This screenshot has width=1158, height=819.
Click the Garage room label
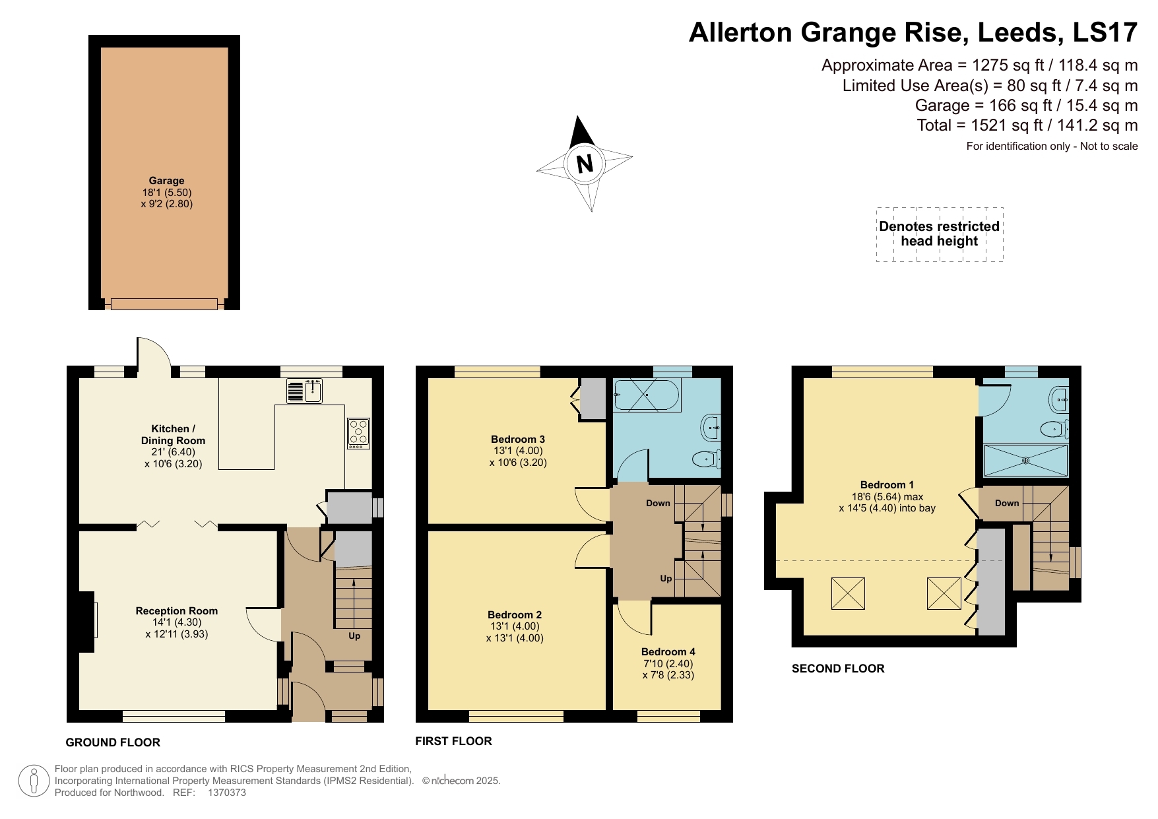click(x=166, y=180)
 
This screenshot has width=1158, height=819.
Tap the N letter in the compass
click(x=585, y=163)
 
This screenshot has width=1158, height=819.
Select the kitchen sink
click(x=305, y=391)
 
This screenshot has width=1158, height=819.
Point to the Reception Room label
click(x=176, y=611)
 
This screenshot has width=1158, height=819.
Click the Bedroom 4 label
click(x=668, y=651)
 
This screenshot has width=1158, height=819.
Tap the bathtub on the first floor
click(x=646, y=395)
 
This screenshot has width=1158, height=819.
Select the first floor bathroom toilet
click(x=707, y=457)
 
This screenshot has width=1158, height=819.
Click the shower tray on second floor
click(x=1025, y=460)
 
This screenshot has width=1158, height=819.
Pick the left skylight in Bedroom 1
click(x=848, y=593)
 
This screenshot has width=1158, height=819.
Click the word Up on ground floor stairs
click(x=354, y=636)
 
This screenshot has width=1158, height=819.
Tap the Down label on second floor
click(x=1006, y=503)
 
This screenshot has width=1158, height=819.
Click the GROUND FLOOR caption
click(x=113, y=742)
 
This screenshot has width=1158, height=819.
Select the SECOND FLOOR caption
click(x=838, y=669)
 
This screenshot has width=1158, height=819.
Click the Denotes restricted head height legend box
click(x=939, y=234)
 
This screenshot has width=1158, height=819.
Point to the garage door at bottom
click(x=164, y=304)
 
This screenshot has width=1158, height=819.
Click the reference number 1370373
click(x=226, y=793)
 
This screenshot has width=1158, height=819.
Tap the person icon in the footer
click(x=33, y=781)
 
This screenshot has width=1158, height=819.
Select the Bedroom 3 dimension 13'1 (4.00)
click(x=518, y=451)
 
